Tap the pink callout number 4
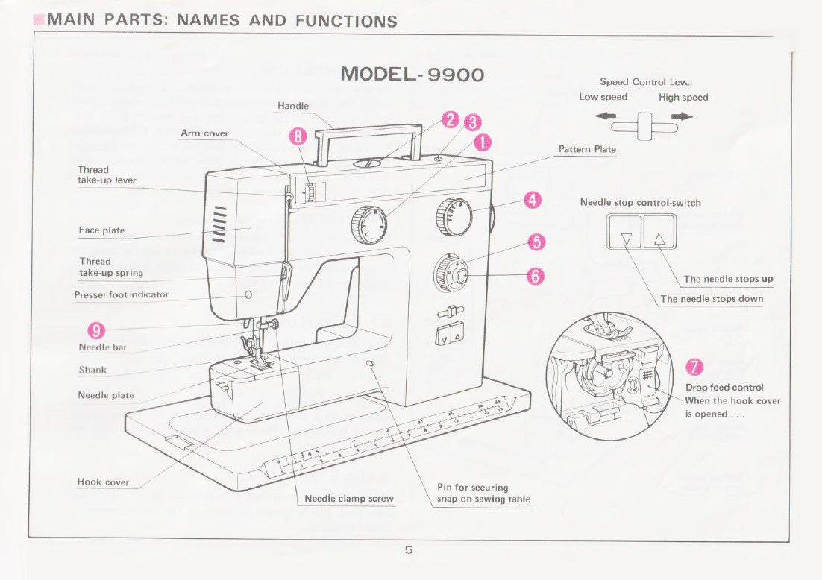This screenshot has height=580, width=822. click(532, 199)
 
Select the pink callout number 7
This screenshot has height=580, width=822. click(694, 366)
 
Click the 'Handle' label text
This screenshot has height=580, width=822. click(293, 106)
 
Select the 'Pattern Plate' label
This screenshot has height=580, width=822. click(587, 149)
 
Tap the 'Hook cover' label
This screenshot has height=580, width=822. click(103, 482)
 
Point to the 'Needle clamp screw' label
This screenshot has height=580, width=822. click(349, 499)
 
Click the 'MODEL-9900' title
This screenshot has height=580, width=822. click(412, 75)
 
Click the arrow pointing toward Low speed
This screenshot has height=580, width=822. click(605, 116)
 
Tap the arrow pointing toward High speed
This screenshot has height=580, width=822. click(682, 116)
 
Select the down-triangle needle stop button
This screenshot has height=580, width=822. click(626, 239)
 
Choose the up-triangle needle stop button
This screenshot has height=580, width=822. click(659, 239)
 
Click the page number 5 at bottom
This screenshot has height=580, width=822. click(409, 550)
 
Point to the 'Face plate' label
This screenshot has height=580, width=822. click(101, 230)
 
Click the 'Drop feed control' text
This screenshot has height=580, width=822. click(724, 388)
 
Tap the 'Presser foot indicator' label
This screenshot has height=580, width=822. click(121, 295)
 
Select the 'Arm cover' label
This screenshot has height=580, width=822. click(204, 133)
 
